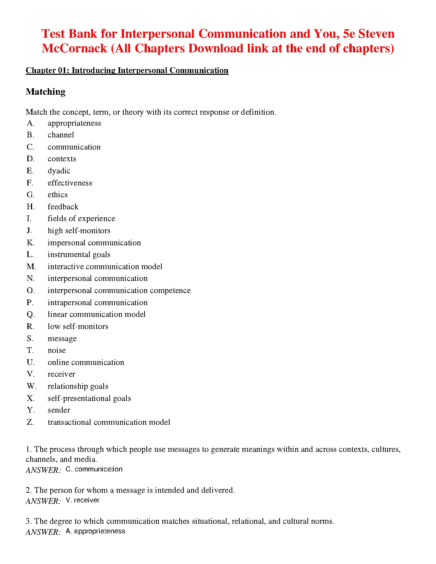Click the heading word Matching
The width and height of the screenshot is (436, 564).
click(46, 92)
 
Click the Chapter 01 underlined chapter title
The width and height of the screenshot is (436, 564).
click(127, 70)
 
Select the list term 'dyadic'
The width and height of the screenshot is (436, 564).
click(59, 171)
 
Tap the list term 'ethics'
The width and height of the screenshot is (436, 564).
click(57, 195)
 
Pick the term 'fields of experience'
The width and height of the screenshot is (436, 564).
click(81, 219)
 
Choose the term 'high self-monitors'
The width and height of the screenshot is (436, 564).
click(79, 231)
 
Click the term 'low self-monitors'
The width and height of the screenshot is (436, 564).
click(78, 327)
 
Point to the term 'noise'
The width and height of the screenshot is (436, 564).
click(57, 350)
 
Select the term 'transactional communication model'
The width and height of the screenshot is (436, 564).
click(109, 422)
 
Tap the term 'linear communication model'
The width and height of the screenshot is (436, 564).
click(97, 314)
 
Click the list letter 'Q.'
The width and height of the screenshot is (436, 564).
click(31, 314)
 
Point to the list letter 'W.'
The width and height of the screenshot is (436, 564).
click(31, 386)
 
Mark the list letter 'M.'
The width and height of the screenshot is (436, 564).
click(31, 267)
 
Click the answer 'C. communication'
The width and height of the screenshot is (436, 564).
click(94, 469)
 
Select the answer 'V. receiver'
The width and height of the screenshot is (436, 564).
click(83, 500)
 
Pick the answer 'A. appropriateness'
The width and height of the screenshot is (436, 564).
click(95, 531)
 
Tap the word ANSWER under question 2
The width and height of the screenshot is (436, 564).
click(43, 501)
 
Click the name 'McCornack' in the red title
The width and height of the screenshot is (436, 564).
click(74, 48)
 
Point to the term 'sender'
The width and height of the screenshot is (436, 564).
click(59, 410)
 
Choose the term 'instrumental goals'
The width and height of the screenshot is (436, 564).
click(79, 255)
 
